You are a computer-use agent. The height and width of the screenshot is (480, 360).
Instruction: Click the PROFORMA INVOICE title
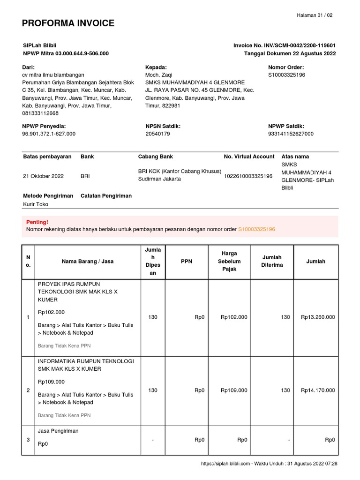68,23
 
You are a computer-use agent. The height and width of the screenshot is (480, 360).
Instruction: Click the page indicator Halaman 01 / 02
315,15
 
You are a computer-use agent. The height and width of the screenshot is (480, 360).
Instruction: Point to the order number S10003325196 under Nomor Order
286,75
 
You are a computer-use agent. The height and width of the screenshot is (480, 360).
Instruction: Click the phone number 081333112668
40,113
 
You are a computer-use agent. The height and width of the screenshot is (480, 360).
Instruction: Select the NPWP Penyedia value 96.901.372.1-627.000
49,134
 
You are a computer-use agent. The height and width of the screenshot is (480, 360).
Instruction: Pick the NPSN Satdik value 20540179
157,134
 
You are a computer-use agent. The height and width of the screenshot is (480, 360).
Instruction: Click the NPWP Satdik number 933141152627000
291,134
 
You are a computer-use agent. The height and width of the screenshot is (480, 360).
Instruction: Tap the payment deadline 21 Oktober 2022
43,176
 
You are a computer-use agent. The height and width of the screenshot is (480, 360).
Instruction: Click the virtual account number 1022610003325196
248,176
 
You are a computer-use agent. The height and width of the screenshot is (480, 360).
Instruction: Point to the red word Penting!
37,222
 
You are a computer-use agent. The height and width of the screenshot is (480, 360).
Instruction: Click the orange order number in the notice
256,229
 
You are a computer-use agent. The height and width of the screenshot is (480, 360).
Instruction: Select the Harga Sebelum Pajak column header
229,261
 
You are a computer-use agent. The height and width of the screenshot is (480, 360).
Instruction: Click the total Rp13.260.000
318,317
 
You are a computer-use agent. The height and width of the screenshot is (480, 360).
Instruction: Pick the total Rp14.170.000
318,390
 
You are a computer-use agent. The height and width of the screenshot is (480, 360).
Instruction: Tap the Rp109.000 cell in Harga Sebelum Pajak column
233,390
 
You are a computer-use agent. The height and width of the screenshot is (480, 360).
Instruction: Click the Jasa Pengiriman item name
58,431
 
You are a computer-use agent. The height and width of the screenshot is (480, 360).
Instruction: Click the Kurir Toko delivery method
36,204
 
